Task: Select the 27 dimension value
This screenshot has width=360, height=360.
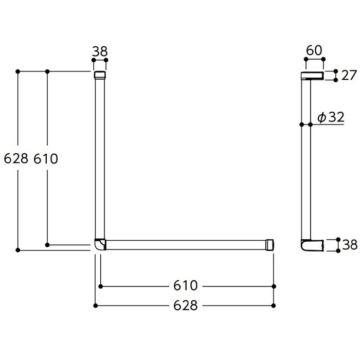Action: pos(348,75)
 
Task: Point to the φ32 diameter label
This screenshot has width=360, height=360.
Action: pos(330,118)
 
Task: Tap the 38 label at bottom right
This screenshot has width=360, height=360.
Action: pos(350,245)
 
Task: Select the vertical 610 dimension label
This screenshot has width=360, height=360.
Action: pos(46,159)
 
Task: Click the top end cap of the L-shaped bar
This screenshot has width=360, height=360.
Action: pos(100,76)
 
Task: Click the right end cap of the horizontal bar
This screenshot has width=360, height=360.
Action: pos(270,244)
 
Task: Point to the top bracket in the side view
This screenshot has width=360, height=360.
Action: pos(312,76)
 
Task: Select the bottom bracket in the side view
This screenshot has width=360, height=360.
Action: pos(312,245)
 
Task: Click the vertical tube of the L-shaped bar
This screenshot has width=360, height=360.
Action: pos(100,159)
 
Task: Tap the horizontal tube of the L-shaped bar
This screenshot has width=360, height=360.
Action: pos(185,244)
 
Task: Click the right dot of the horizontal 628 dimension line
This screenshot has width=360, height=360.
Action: pos(274,305)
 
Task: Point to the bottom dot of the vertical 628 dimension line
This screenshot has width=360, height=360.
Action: pos(18,250)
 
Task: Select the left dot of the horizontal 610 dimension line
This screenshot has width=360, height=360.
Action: pos(100,285)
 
